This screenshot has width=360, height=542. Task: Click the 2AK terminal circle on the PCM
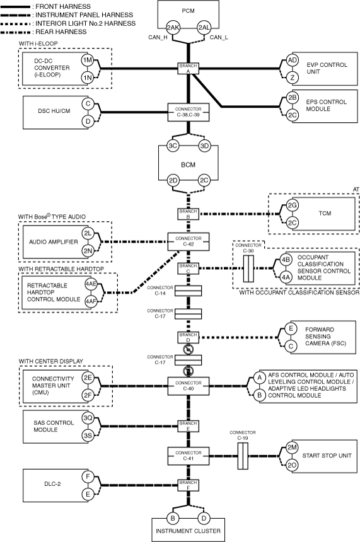tap(173, 27)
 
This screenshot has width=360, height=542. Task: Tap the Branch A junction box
tap(189, 69)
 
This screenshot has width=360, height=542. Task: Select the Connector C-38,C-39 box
tap(189, 112)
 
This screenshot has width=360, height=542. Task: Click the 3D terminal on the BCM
tap(204, 146)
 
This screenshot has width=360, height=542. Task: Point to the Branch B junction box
tap(189, 214)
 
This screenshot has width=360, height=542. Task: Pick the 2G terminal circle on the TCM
tap(292, 205)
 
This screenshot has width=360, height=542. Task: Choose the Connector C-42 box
tap(189, 241)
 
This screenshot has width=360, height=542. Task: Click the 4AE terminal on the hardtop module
tap(91, 284)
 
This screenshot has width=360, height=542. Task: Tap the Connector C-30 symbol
tap(248, 269)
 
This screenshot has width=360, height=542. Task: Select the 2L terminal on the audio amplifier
tap(88, 233)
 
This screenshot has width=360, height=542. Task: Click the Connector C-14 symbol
tap(189, 291)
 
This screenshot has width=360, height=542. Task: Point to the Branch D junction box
tap(189, 337)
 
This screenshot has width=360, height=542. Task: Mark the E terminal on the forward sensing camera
tap(291, 328)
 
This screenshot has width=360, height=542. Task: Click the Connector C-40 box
tap(189, 386)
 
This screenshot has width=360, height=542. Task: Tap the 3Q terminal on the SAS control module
tap(88, 418)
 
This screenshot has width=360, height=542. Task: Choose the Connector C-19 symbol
tap(243, 456)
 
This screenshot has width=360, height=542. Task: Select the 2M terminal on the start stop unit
tap(292, 447)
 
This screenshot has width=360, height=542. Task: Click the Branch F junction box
tap(189, 485)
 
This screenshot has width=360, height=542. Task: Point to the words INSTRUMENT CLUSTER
tap(188, 531)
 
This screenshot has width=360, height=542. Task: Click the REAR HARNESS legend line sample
tap(16, 32)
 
